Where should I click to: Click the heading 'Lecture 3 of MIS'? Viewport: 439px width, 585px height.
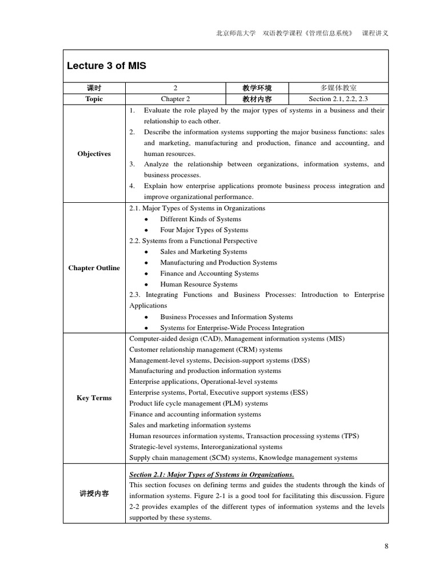coord(107,66)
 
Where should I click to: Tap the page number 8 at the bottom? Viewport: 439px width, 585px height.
coord(386,546)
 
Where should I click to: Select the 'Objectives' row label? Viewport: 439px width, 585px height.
coord(94,154)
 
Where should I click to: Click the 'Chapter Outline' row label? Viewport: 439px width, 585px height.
coord(94,268)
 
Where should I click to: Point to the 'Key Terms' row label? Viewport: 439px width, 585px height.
coord(94,398)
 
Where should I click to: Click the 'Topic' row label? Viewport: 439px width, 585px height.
coord(94,99)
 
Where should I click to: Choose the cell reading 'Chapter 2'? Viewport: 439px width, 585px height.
coord(175,99)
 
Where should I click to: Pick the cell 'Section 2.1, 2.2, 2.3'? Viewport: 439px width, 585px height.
coord(338,99)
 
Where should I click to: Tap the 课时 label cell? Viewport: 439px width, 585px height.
coord(94,88)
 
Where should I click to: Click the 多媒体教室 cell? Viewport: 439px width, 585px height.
coord(338,88)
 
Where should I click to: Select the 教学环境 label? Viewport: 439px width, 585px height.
coord(257,88)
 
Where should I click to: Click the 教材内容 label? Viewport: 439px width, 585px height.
coord(257,99)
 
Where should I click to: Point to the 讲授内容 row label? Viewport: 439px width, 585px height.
coord(94,494)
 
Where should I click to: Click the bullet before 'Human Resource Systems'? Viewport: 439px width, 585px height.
coord(147,285)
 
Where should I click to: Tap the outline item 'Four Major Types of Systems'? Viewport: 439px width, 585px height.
coord(204,230)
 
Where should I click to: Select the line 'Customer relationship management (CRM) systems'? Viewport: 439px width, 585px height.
coord(206,349)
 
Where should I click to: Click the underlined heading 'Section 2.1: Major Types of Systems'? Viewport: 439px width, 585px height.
coord(211,474)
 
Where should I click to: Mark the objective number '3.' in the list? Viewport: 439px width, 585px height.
coord(132,165)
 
